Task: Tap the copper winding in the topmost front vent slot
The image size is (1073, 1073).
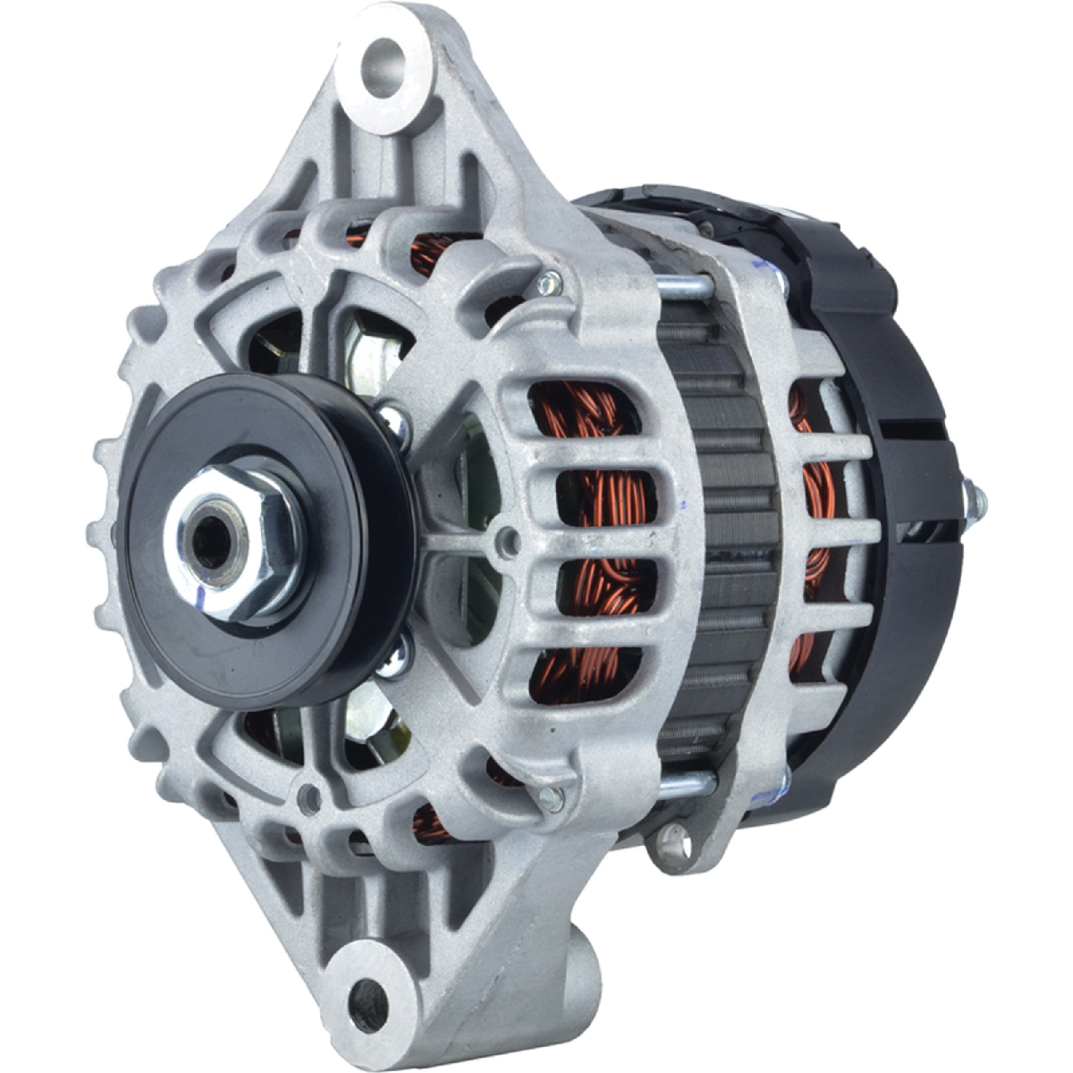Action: [578, 416]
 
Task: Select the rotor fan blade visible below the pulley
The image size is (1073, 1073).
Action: [369, 722]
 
